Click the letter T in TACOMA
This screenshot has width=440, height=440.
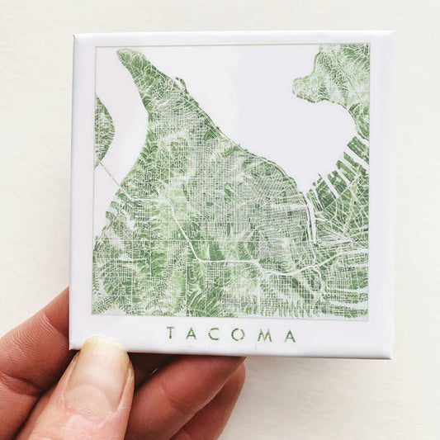tap(170, 334)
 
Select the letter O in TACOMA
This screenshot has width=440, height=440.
tap(239, 334)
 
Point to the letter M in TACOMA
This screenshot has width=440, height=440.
tap(264, 334)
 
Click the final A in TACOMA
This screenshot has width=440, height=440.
tap(290, 335)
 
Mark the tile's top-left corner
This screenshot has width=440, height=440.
tap(74, 35)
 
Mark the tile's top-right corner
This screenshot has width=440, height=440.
tap(389, 33)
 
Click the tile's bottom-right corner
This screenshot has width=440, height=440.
tap(391, 357)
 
